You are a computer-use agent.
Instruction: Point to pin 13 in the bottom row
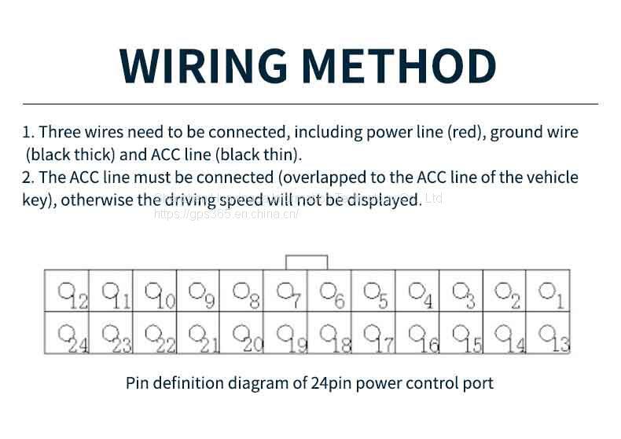pyautogui.click(x=549, y=335)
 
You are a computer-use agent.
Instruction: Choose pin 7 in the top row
pyautogui.click(x=286, y=292)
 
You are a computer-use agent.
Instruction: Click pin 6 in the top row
pyautogui.click(x=330, y=292)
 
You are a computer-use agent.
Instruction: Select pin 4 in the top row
pyautogui.click(x=417, y=292)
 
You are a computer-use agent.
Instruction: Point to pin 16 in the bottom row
pyautogui.click(x=417, y=335)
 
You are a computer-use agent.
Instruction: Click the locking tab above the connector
pyautogui.click(x=307, y=262)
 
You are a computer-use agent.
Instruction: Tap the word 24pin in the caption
pyautogui.click(x=333, y=383)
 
